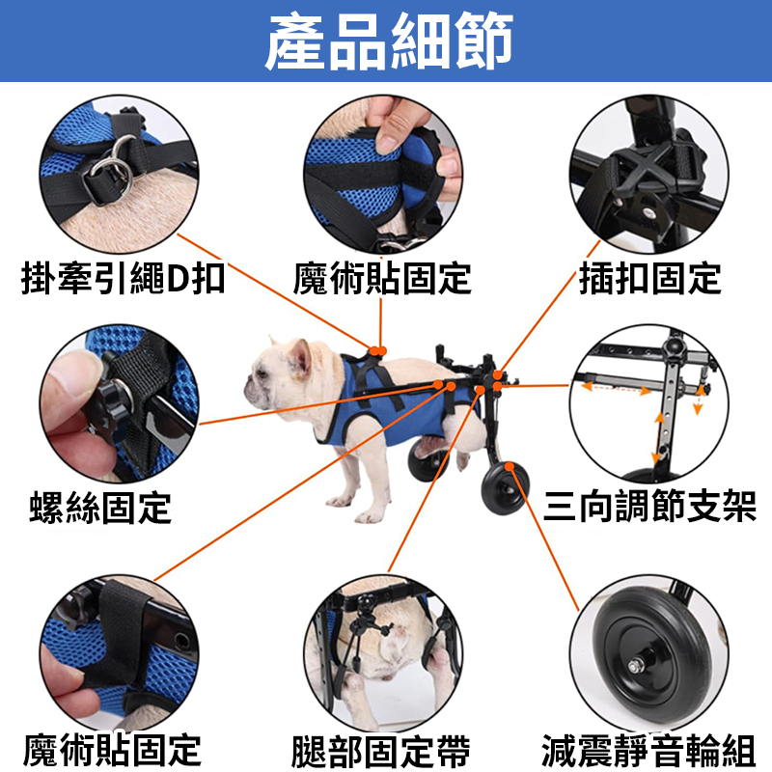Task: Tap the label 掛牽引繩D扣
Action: click(123, 280)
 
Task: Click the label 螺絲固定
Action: click(100, 506)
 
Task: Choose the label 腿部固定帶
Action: click(383, 749)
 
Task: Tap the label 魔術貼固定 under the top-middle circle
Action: click(383, 280)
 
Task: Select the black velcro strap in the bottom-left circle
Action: click(120, 637)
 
